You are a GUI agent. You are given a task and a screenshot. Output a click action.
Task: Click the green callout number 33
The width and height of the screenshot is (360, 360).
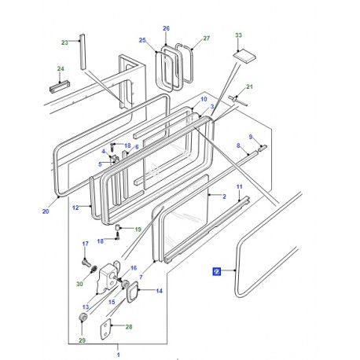pyautogui.click(x=238, y=35)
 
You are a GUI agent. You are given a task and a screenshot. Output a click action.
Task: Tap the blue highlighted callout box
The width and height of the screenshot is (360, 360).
pyautogui.click(x=217, y=272)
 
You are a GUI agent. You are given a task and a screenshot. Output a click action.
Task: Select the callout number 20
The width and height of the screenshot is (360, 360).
pyautogui.click(x=46, y=211)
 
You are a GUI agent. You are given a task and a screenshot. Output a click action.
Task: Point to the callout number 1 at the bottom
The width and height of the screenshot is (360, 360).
pyautogui.click(x=119, y=354)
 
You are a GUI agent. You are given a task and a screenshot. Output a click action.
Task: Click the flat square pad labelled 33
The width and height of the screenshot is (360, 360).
pyautogui.click(x=244, y=57)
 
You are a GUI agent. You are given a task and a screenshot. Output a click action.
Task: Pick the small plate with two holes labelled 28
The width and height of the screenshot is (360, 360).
pyautogui.click(x=105, y=329)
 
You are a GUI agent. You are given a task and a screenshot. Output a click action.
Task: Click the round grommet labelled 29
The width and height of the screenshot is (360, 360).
pyautogui.click(x=83, y=318)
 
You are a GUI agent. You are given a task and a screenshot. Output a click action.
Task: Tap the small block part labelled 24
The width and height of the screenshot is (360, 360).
pyautogui.click(x=60, y=86)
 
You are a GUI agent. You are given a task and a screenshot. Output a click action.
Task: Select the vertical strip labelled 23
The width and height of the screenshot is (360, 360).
pyautogui.click(x=83, y=52)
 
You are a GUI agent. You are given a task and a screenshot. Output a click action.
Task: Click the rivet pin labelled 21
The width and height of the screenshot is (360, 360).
pyautogui.click(x=238, y=101)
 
